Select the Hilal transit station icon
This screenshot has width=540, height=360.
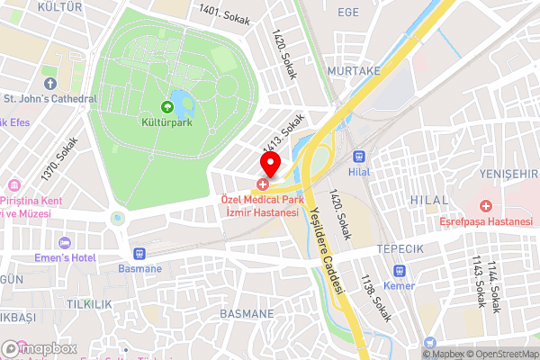click(x=360, y=156)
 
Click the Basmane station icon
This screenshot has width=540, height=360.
click(x=139, y=254)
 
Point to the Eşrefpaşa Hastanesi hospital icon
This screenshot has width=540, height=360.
click(x=486, y=206)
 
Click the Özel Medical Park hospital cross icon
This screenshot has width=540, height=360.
click(x=261, y=184)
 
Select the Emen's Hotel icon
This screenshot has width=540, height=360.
click(x=64, y=244)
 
